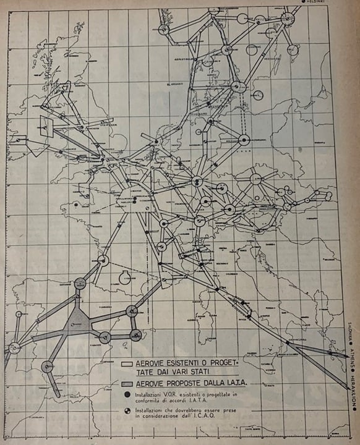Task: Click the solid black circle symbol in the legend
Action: [x=127, y=394]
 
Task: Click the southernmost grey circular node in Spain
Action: [x=48, y=367]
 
